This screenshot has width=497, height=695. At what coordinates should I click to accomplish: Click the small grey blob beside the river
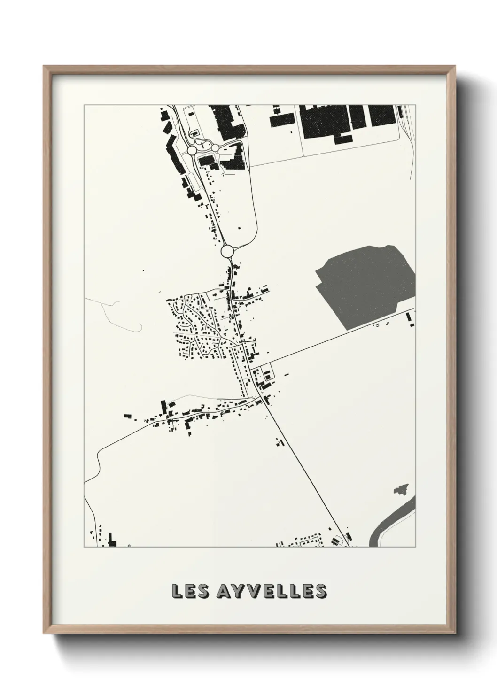click(x=401, y=490)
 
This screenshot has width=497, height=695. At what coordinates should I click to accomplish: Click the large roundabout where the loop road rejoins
click(x=228, y=251)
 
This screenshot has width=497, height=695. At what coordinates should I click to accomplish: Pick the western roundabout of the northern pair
click(x=192, y=150)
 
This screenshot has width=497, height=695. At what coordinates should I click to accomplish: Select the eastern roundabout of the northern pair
click(x=215, y=147)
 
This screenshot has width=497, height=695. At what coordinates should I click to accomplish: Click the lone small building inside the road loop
click(x=238, y=228)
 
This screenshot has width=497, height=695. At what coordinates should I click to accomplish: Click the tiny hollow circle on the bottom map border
click(x=129, y=546)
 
